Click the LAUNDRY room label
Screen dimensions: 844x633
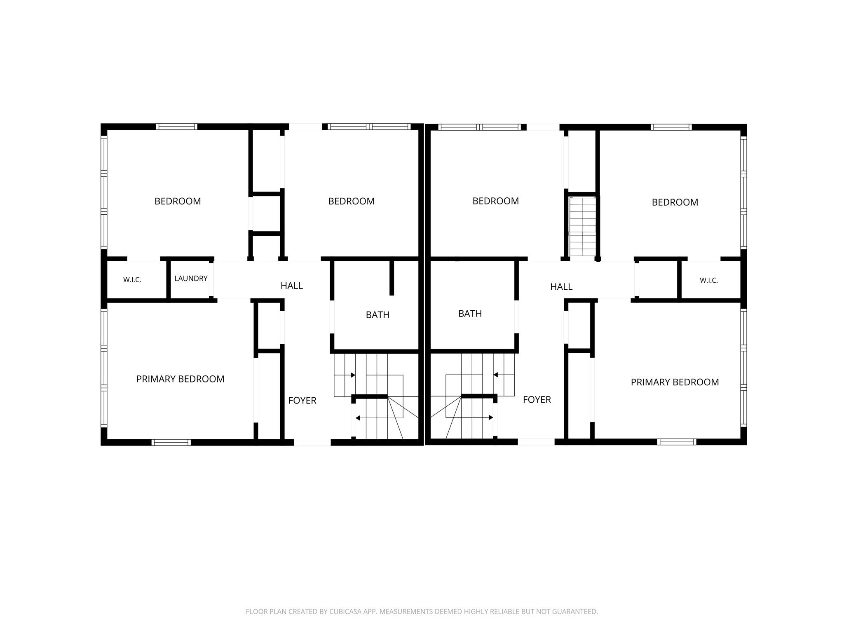pos(191,279)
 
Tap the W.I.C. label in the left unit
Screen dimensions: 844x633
pos(132,280)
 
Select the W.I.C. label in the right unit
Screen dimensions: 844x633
pos(709,281)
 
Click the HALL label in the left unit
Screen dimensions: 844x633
pos(292,286)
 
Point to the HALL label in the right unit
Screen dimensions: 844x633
pos(561,287)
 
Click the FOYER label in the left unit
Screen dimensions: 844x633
pos(302,401)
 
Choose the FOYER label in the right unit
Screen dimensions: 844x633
pos(537,400)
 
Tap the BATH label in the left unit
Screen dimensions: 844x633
pos(377,315)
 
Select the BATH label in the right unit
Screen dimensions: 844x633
pos(470,314)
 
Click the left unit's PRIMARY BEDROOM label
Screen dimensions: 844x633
pos(181,379)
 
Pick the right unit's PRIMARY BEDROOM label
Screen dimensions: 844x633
pos(675,382)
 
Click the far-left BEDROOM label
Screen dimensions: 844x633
pos(178,201)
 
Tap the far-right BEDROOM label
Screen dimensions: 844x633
pos(675,202)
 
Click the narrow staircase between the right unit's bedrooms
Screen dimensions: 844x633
pos(582,227)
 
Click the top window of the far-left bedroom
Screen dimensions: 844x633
pos(176,127)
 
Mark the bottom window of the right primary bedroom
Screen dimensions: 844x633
pos(676,442)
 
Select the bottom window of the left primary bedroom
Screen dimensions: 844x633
pos(171,442)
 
